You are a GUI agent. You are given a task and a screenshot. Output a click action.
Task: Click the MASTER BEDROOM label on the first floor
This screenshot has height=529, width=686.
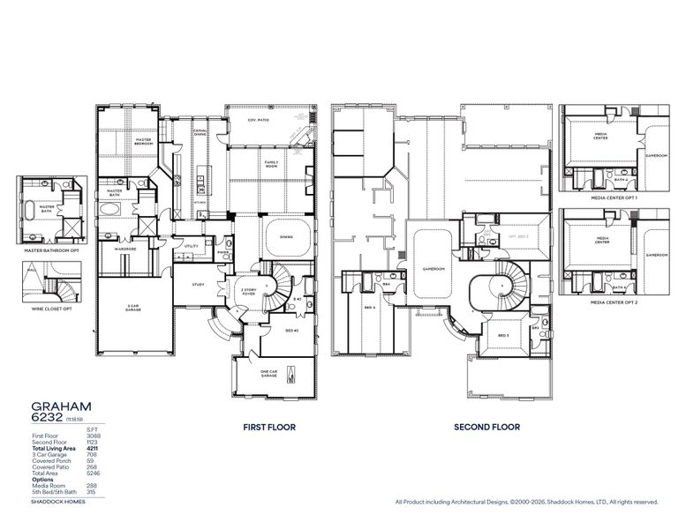pos(144,141)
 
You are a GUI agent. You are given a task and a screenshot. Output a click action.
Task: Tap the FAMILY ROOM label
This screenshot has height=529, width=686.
pos(271,164)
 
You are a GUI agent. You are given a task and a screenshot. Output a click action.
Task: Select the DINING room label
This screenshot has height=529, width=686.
pos(286,236)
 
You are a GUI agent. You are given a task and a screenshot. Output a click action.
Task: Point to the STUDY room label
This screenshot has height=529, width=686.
pos(199,285)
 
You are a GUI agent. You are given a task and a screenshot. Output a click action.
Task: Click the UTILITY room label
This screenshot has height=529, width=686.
pos(191,247)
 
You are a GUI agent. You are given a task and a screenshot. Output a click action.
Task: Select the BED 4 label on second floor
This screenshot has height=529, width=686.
pos(369,307)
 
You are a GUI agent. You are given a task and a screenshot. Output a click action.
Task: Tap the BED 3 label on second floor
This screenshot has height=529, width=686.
pos(503,337)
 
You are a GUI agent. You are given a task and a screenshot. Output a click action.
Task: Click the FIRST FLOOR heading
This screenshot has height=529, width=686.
pos(268,427)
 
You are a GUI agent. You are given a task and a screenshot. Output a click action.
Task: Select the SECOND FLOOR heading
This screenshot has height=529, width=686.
pos(486,427)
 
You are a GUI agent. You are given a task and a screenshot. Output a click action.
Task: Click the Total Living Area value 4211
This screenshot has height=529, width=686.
pos(92,450)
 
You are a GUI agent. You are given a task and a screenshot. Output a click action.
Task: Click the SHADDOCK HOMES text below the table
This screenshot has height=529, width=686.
pos(55,500)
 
